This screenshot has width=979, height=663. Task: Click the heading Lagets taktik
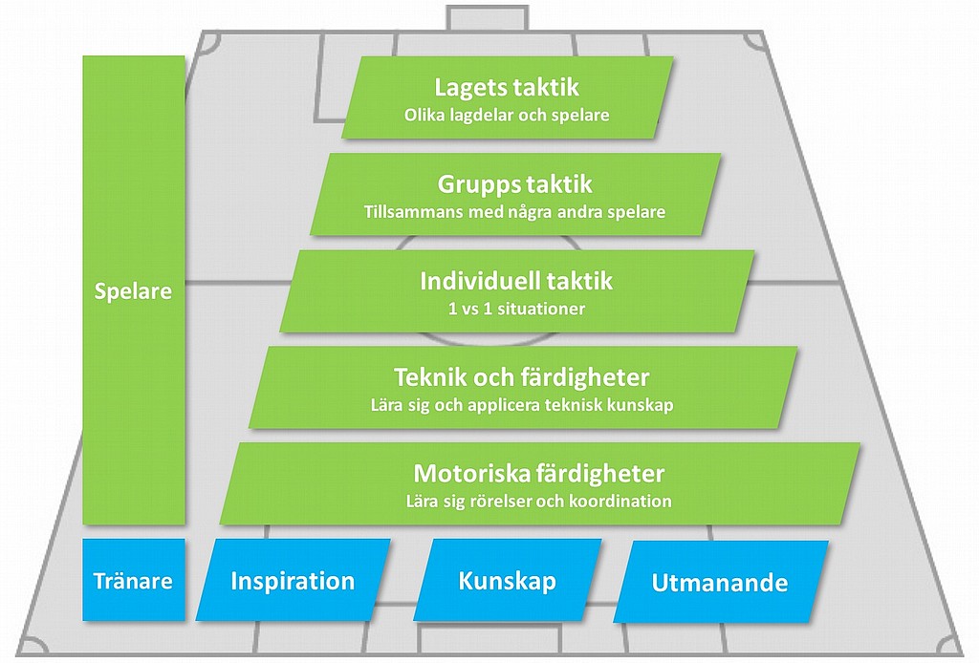click(507, 87)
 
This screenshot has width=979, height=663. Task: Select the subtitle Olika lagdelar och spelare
click(507, 116)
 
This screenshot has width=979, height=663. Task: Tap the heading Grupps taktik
click(514, 184)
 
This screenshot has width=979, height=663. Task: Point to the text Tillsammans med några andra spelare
click(514, 212)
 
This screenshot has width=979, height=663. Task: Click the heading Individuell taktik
click(515, 281)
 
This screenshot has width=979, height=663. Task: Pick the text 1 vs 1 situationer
click(516, 309)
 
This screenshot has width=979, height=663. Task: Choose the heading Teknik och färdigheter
click(521, 378)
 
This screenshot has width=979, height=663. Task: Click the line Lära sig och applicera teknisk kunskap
click(522, 405)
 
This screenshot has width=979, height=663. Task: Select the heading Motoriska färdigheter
click(539, 474)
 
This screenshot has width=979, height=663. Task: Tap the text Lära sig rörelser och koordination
click(539, 502)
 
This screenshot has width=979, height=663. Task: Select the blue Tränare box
click(134, 580)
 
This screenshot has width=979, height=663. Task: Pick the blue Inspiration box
click(293, 580)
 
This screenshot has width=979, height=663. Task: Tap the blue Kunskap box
click(507, 580)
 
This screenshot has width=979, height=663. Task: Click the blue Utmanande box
click(720, 582)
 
